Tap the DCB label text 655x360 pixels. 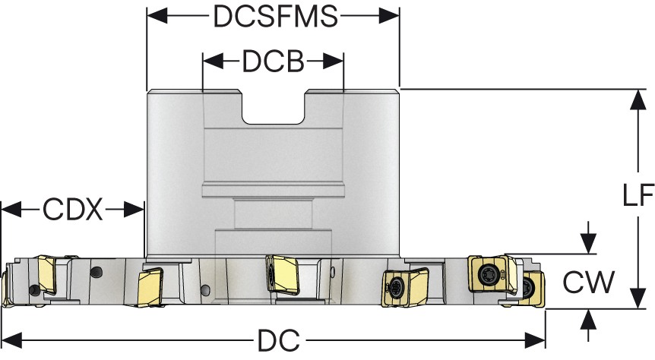pos(274,62)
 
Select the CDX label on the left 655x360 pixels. pos(72,209)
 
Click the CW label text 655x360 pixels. pos(588,283)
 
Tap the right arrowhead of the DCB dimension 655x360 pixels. pos(338,62)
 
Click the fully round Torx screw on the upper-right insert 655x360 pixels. pos(486,271)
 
